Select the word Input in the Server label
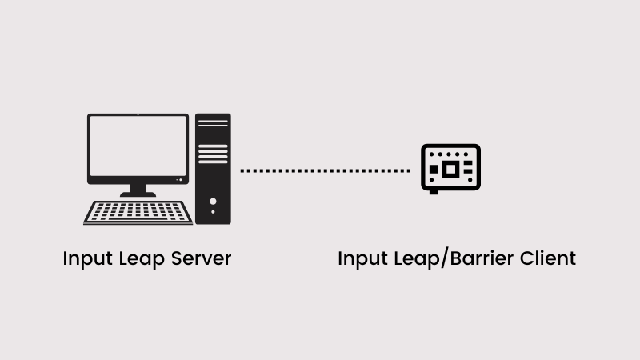point(82,259)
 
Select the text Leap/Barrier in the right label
point(449,260)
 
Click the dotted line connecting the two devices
point(325,170)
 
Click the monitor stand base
point(138,194)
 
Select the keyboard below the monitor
point(138,212)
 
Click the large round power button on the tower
point(214,201)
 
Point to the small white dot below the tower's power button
point(214,214)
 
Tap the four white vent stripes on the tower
point(213,154)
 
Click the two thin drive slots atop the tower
point(213,123)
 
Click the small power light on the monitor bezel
point(138,116)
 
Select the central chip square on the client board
point(450,169)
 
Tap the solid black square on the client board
point(433,170)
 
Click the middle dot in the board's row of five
point(450,154)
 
